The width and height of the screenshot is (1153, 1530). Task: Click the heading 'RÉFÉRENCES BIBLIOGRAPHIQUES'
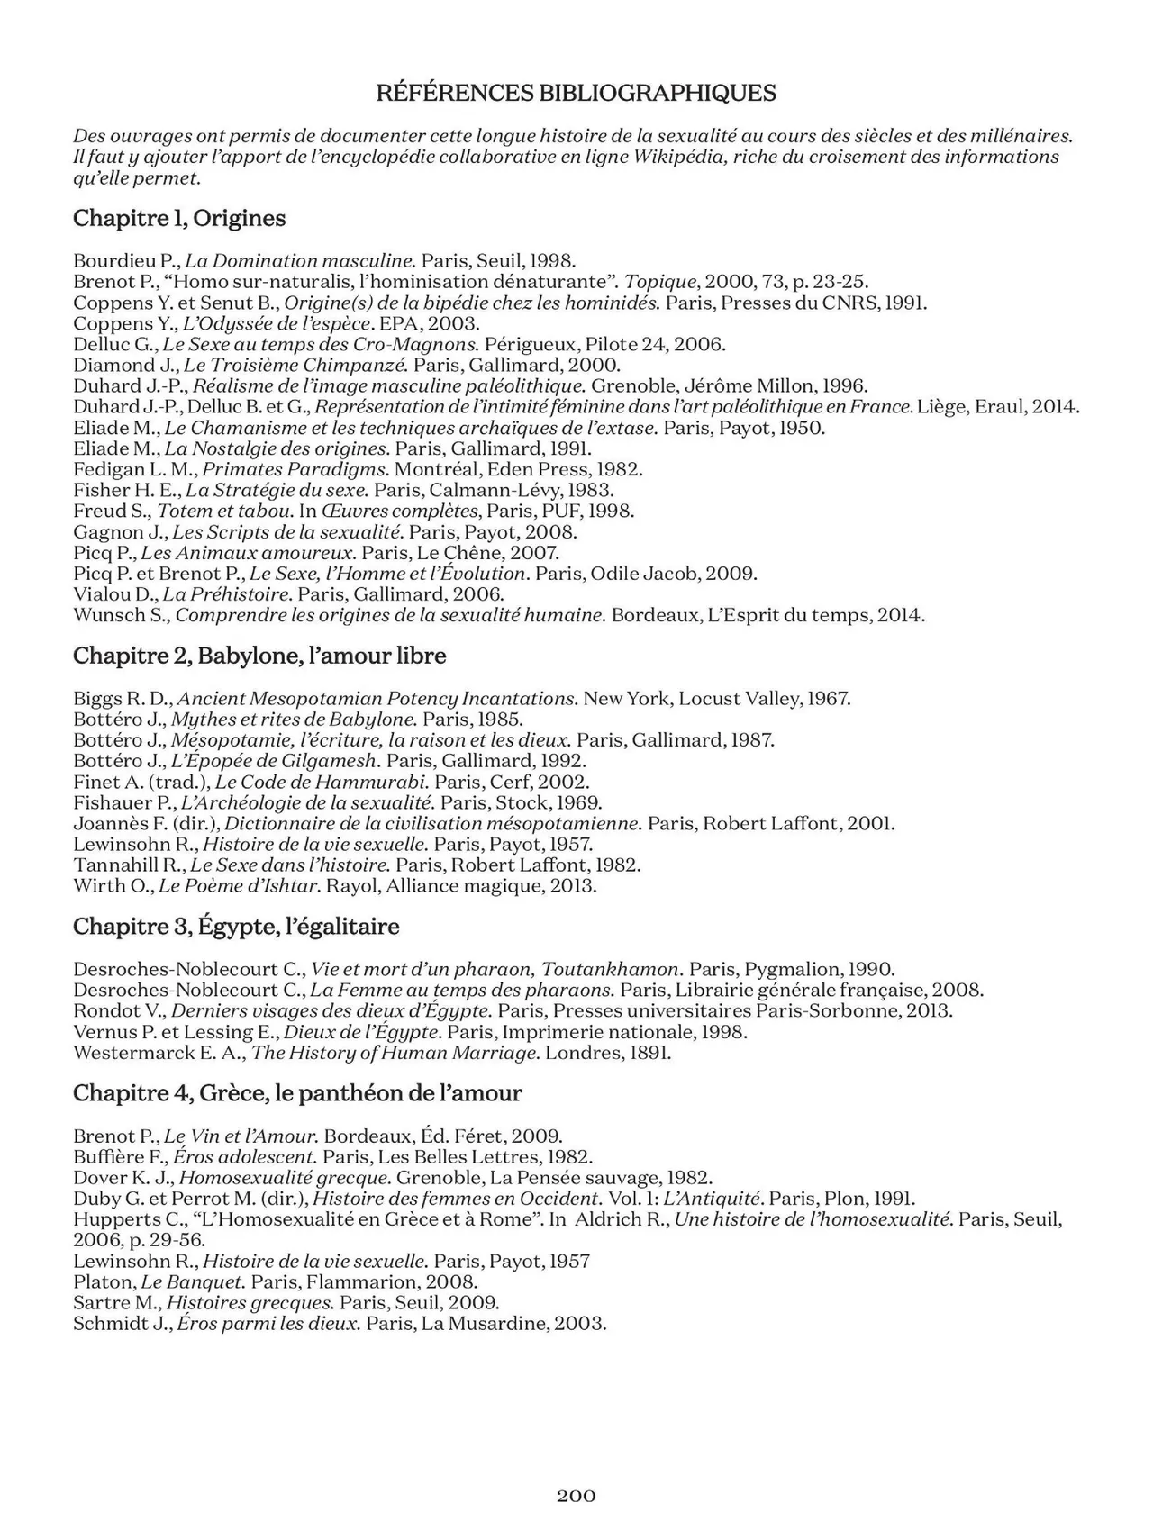point(576,93)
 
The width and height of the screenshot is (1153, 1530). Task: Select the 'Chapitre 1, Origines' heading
point(179,218)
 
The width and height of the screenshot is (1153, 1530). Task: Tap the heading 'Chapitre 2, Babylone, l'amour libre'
point(259,656)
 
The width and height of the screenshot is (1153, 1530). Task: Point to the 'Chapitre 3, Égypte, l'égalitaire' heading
point(236,927)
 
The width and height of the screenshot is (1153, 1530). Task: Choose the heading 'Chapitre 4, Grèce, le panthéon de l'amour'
point(297,1093)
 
